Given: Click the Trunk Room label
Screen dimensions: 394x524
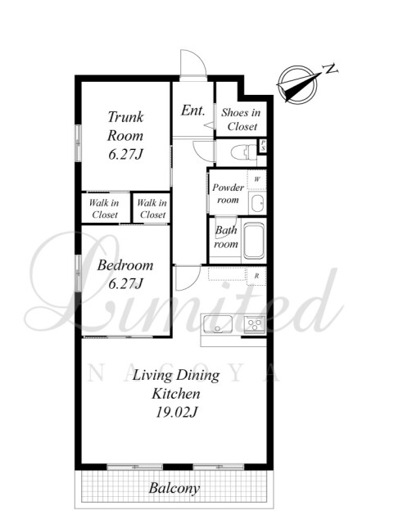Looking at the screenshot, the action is tap(125, 135).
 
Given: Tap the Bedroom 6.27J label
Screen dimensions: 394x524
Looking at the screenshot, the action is tap(125, 274).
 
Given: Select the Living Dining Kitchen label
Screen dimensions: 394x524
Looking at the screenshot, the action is tap(176, 394).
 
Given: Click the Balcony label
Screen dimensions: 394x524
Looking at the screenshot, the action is tap(174, 488).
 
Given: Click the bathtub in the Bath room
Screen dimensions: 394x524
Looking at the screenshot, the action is tap(254, 240).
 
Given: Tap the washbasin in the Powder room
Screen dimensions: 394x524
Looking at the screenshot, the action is tap(257, 204).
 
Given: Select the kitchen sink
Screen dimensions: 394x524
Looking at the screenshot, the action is tap(217, 324).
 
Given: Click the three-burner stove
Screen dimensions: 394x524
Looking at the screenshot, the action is tap(255, 324).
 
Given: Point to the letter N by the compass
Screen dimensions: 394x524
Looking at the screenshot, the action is tap(330, 69).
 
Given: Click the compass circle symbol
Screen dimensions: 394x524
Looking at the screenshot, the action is tap(297, 84).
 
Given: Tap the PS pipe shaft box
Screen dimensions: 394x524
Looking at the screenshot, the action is tap(263, 146).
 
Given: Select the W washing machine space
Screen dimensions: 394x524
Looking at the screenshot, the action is tap(257, 180).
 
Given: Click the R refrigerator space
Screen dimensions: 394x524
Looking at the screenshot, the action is tap(256, 276).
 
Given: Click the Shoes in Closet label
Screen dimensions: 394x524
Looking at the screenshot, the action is tap(241, 120).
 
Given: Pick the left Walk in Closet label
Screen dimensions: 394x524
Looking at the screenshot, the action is tap(104, 209).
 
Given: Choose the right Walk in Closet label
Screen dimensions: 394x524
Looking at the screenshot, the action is tap(152, 209).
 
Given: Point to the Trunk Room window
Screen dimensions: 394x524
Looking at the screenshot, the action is tap(78, 142).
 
